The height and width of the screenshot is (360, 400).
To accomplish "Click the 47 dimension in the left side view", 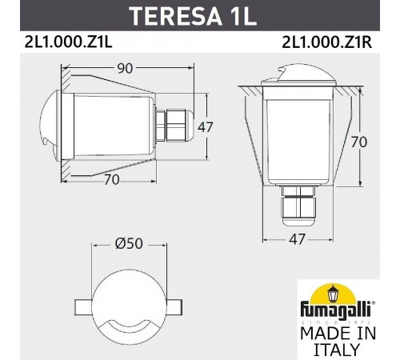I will pos(205,126).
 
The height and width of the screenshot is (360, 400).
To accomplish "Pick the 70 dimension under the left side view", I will pos(112,180).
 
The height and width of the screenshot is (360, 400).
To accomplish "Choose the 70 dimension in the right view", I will pos(359,142).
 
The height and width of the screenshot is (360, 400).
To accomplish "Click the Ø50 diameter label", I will pos(129,243).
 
